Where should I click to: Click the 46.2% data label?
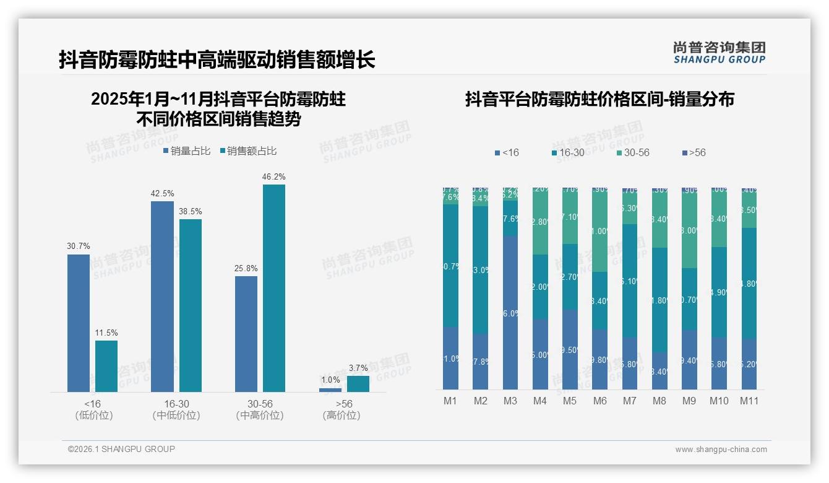[273, 177]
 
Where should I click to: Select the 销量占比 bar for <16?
[79, 323]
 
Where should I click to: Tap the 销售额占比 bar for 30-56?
[273, 288]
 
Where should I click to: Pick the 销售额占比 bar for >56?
[358, 384]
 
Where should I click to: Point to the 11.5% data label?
[106, 333]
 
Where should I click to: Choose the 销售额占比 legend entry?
[249, 151]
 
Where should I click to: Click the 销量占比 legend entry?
[187, 151]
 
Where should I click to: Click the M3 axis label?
[510, 401]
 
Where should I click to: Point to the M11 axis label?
[749, 401]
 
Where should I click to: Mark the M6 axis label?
[599, 401]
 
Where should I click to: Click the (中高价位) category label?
[260, 416]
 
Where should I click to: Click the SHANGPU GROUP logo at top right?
[719, 53]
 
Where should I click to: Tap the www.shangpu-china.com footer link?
[721, 450]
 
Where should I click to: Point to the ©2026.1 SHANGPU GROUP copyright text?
[121, 449]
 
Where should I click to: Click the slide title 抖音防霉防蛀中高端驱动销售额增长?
[217, 60]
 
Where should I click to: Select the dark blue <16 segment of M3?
[510, 312]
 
